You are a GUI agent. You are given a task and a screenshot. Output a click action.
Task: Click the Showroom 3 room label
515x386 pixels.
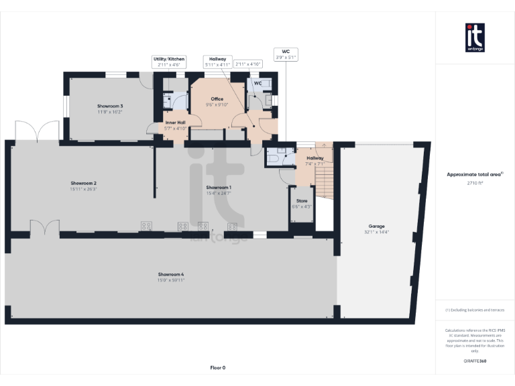110,107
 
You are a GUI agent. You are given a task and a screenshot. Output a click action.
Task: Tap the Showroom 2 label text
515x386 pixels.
84,183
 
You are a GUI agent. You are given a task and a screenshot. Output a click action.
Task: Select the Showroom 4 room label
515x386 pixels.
171,275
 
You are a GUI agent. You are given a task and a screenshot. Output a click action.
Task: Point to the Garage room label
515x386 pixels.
376,227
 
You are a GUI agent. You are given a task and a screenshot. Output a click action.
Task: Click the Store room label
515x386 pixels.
302,200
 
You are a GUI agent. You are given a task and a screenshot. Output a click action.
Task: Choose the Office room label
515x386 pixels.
217,99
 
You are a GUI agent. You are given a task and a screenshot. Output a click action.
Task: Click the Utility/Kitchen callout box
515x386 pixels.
169,62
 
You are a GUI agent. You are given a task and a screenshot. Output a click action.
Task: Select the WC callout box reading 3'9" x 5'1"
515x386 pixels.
286,54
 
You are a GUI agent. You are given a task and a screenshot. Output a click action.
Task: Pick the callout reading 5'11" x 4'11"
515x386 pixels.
217,62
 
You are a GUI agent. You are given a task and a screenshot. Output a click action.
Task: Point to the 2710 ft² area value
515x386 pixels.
475,182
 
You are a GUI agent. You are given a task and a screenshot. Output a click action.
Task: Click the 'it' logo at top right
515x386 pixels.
475,38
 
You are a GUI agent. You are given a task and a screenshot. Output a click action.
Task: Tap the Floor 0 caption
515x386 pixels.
218,367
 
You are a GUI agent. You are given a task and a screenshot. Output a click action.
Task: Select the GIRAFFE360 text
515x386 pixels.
475,361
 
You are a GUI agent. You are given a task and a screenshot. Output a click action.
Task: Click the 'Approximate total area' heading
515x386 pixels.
474,174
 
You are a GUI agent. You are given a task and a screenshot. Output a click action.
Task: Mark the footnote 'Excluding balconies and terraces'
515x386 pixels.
475,310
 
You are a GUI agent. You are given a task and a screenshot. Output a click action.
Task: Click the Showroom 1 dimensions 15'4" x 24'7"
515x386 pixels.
219,193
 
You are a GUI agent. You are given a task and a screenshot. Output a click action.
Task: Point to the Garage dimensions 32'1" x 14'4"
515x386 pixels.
376,232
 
